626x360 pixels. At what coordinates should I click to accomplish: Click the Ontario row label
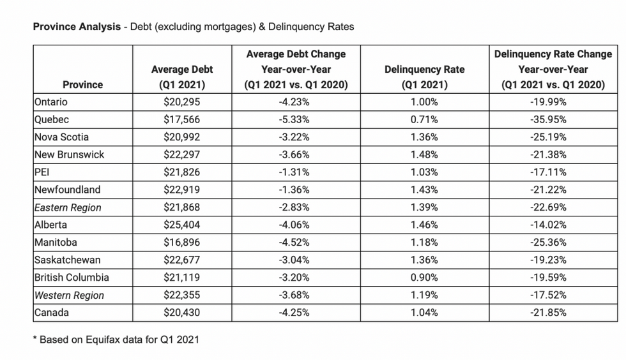(x=50, y=101)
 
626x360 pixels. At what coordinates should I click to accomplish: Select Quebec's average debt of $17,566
(x=181, y=119)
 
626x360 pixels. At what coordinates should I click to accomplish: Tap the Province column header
(x=82, y=85)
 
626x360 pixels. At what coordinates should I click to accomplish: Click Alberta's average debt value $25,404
(x=181, y=225)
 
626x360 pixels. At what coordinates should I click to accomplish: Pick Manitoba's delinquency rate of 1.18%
(x=424, y=243)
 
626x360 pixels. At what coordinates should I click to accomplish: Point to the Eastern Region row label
(x=68, y=207)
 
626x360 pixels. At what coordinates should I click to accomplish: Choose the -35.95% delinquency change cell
(x=548, y=119)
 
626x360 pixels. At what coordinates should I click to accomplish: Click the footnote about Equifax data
(x=116, y=340)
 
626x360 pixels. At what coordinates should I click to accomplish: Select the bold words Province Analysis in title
(x=77, y=27)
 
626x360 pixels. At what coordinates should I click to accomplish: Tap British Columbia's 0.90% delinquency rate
(x=424, y=278)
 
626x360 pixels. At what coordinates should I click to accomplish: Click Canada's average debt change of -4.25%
(x=294, y=313)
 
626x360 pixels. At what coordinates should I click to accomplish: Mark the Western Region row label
(x=69, y=296)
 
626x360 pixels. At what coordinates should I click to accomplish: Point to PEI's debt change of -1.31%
(x=294, y=172)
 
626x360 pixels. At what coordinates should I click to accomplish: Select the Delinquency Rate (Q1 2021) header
(x=424, y=77)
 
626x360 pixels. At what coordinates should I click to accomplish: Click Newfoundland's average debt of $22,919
(x=181, y=190)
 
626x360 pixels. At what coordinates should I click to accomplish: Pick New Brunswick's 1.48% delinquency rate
(x=424, y=154)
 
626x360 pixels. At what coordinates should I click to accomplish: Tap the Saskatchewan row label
(x=68, y=260)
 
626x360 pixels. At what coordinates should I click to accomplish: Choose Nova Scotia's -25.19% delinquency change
(x=548, y=137)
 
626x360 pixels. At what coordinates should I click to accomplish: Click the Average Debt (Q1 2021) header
(x=182, y=77)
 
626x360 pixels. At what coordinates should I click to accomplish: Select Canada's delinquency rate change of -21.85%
(x=548, y=313)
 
